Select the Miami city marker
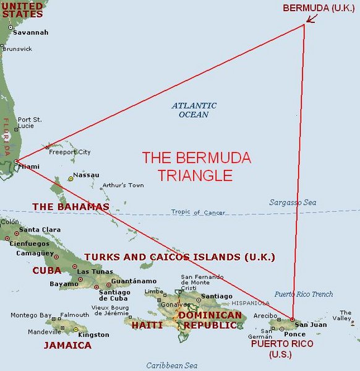(x=15, y=162)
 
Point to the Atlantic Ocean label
(x=194, y=110)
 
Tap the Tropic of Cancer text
(x=195, y=212)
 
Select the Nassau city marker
(x=71, y=178)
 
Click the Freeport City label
(x=70, y=152)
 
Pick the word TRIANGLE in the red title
(x=195, y=175)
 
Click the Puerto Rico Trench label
(x=303, y=294)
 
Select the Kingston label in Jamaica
(x=93, y=334)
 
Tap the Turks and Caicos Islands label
(x=179, y=256)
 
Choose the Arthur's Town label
(x=122, y=185)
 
